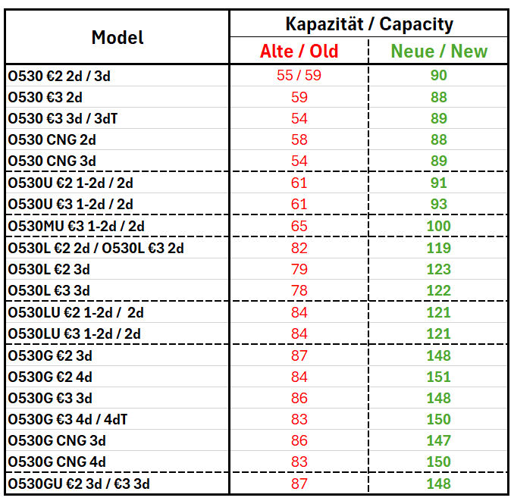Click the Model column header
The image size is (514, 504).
tap(118, 37)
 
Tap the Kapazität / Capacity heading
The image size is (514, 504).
tap(369, 24)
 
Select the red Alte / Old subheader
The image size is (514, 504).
tap(299, 51)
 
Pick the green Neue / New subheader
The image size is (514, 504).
tap(439, 51)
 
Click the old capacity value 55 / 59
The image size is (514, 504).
tap(299, 75)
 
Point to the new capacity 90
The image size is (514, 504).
tap(439, 75)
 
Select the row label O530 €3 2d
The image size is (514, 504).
tap(45, 97)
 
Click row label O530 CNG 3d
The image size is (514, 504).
tap(52, 161)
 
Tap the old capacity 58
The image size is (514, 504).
tap(299, 139)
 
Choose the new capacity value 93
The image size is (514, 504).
tap(439, 204)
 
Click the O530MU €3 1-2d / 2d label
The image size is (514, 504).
tap(76, 226)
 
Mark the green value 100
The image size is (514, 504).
tap(439, 226)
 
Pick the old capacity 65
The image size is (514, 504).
tap(299, 226)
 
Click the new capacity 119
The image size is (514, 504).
tap(439, 248)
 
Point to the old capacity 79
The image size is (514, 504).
tap(299, 269)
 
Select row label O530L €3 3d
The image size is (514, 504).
tap(49, 291)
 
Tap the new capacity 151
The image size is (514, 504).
tap(439, 377)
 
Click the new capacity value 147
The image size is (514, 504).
tap(439, 440)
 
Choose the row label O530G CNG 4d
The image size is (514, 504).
tap(57, 462)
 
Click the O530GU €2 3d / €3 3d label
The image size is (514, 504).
tap(79, 484)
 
